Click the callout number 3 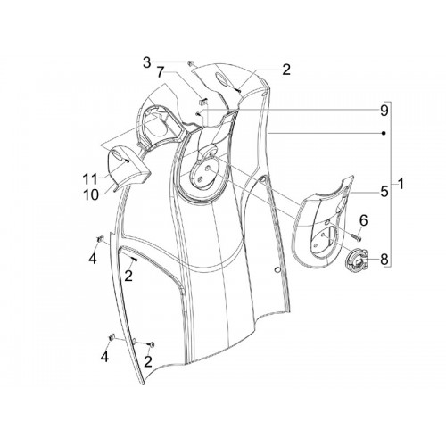point(146,63)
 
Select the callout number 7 point(161,72)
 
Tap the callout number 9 point(384,111)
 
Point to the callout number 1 point(401,185)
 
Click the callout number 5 point(384,192)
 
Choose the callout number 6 point(363,220)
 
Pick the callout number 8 point(384,260)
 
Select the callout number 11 point(90,179)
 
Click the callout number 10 point(91,195)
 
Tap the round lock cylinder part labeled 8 point(356,260)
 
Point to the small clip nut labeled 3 point(190,62)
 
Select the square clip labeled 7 point(203,102)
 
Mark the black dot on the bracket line point(384,133)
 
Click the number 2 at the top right point(285,70)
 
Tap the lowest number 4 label point(104,356)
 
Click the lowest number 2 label point(148,361)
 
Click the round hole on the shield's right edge point(277,269)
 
